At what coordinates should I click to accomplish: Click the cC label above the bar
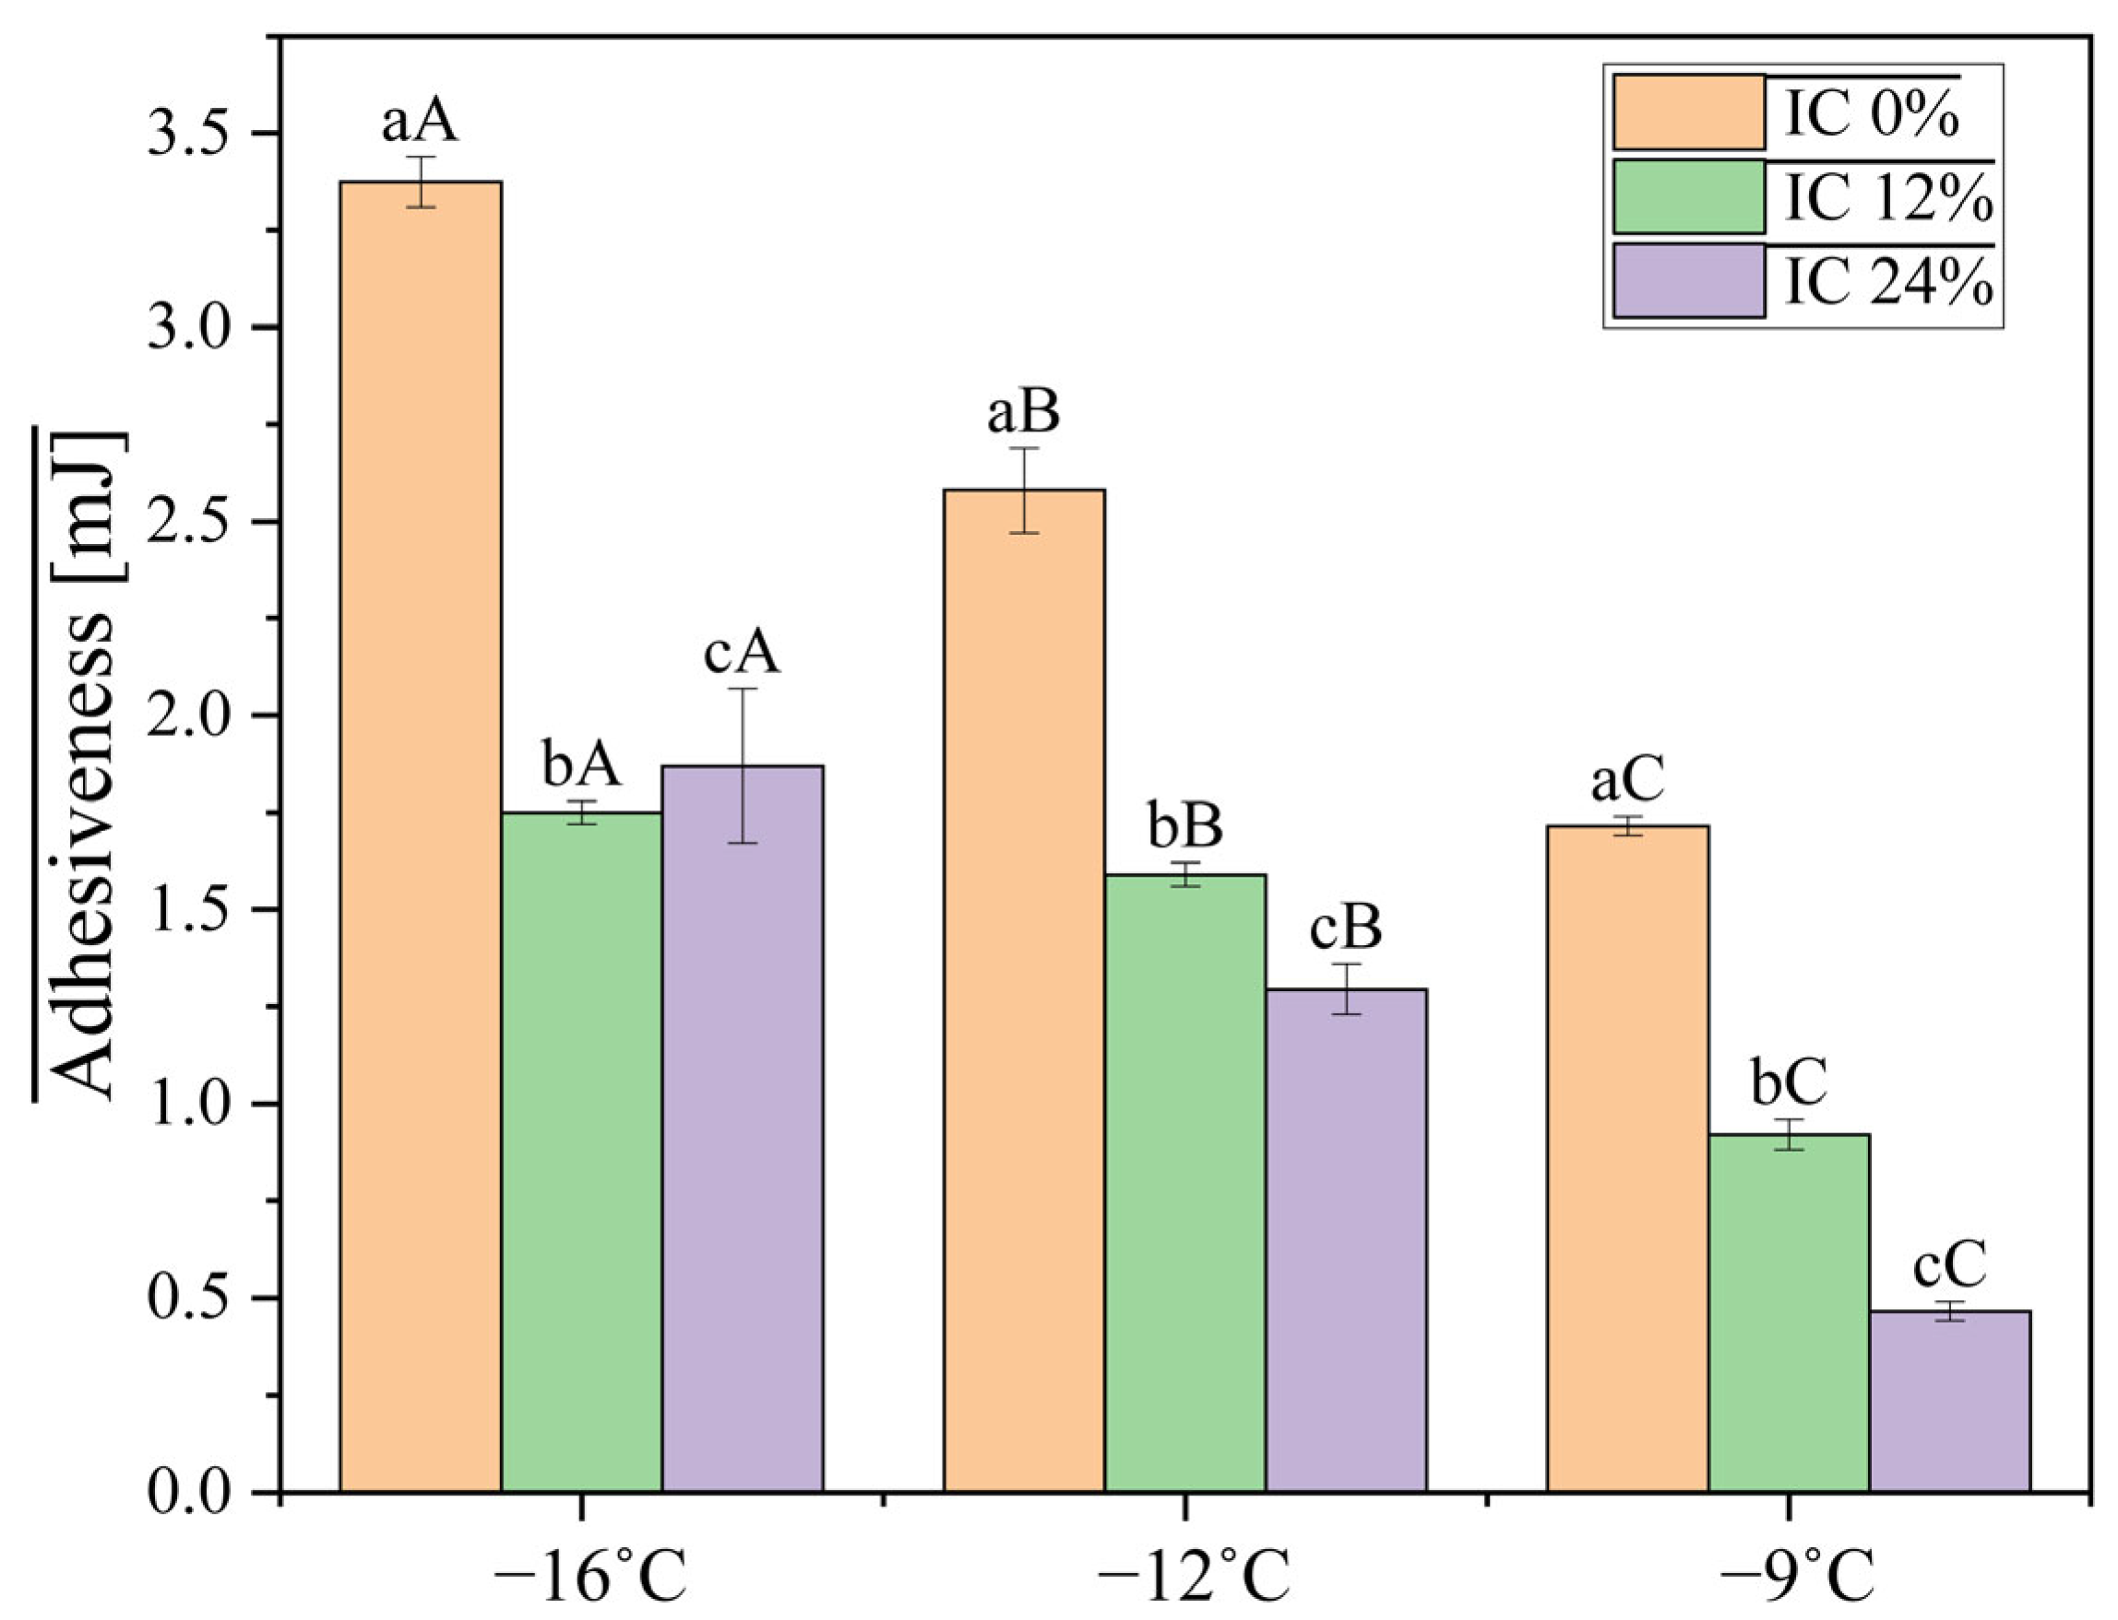(x=1950, y=1265)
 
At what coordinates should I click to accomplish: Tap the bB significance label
(x=1185, y=826)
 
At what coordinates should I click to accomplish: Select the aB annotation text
(x=1023, y=412)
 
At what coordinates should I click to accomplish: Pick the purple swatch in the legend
(x=1689, y=280)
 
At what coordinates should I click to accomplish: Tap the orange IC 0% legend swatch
(x=1689, y=112)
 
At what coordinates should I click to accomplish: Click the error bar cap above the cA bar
(x=743, y=689)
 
